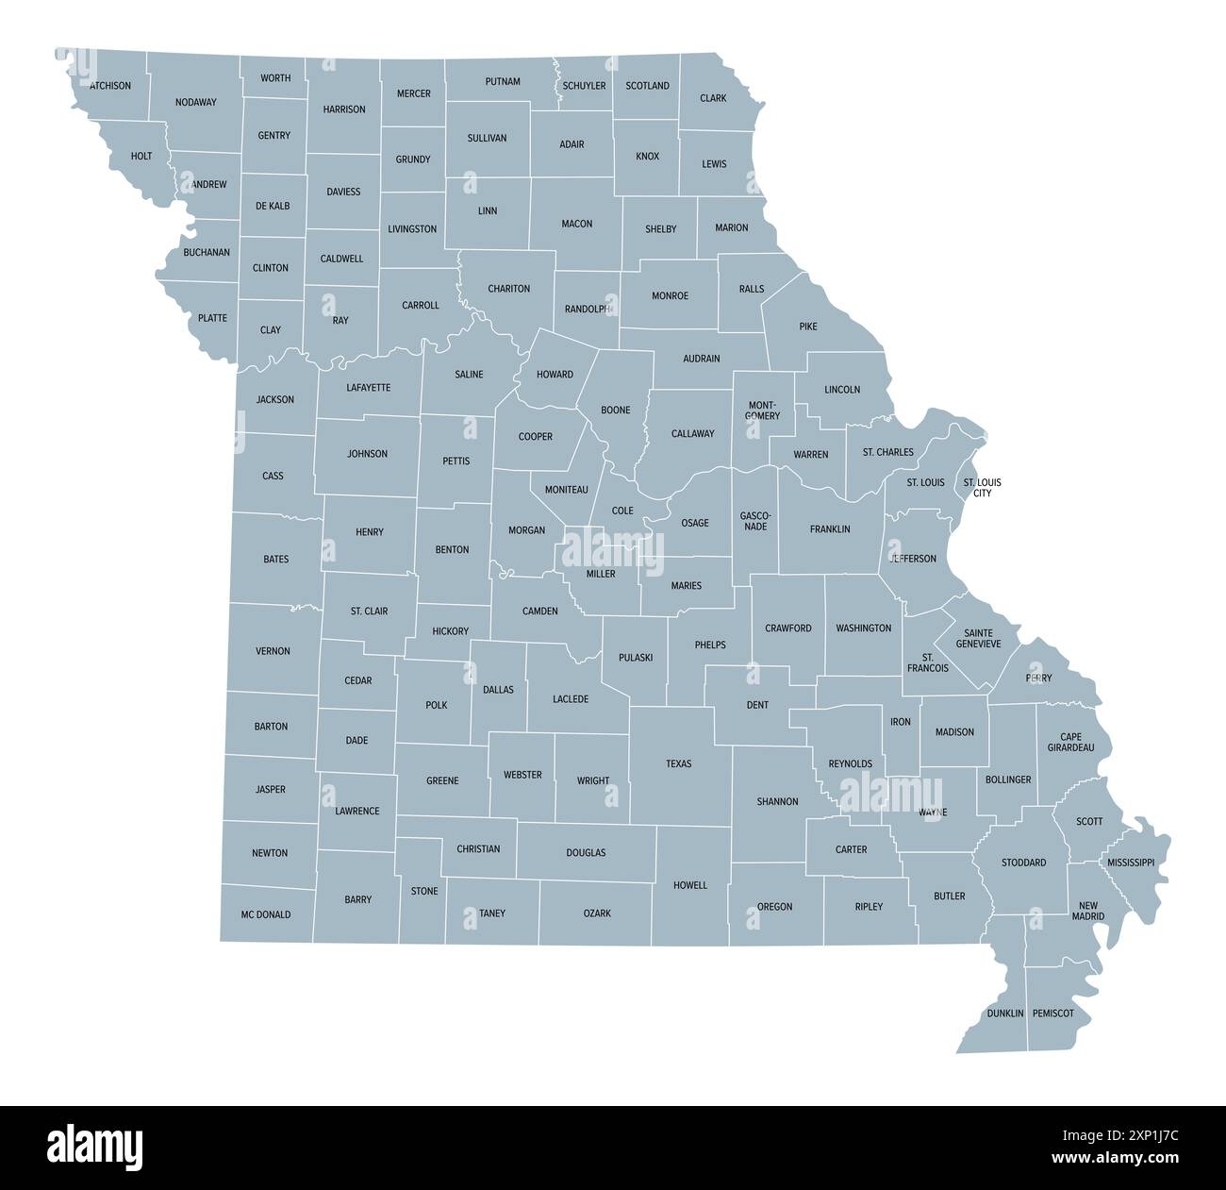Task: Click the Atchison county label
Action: pos(110,86)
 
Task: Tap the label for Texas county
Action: pos(678,763)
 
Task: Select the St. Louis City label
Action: pos(982,488)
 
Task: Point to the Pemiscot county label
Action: pos(1053,1014)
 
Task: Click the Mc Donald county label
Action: pos(266,914)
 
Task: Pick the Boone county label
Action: pos(616,411)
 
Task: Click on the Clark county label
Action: pos(713,98)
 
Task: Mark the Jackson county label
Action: pos(275,399)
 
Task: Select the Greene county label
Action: pos(442,780)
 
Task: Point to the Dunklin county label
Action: pos(1005,1014)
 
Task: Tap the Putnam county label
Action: pos(503,81)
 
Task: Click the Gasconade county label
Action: pos(755,520)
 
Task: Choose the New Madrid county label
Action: pos(1087,910)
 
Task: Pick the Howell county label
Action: pos(689,885)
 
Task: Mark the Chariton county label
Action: pos(508,289)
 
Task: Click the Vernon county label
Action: pos(273,651)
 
